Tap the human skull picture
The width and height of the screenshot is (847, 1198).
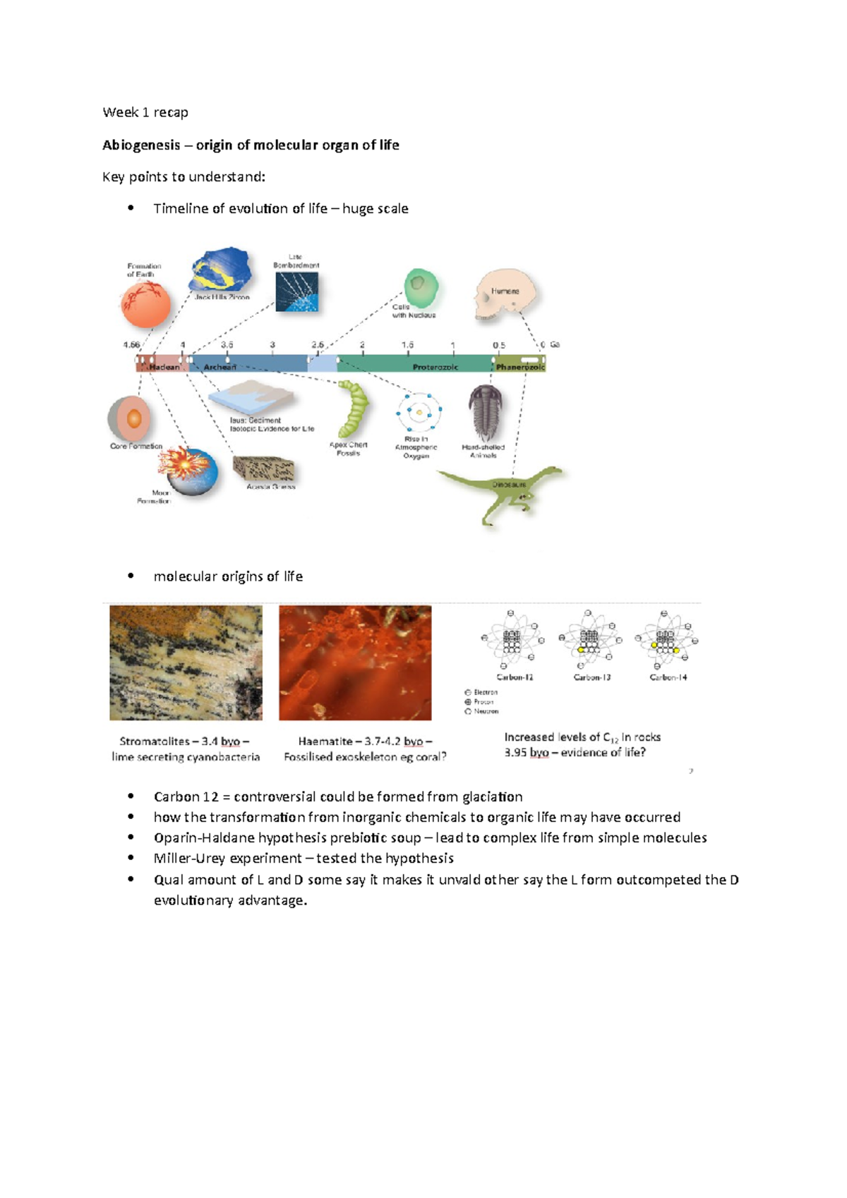click(x=504, y=294)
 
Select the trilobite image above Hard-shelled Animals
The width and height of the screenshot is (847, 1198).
click(x=486, y=412)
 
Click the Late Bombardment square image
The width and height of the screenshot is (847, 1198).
click(x=296, y=291)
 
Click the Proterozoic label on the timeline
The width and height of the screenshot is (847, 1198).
click(x=435, y=367)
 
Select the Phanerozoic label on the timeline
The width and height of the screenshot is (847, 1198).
click(x=519, y=367)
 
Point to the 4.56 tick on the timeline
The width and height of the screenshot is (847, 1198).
click(x=131, y=345)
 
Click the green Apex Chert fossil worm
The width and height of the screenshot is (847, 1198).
click(x=352, y=409)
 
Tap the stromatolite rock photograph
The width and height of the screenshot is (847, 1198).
click(x=186, y=662)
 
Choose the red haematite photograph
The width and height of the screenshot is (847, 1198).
click(x=355, y=662)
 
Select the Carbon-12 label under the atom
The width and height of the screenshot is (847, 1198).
click(x=515, y=677)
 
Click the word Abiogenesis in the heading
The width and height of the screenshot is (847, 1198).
click(x=141, y=145)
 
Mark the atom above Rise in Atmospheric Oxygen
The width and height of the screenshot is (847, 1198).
click(x=419, y=411)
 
